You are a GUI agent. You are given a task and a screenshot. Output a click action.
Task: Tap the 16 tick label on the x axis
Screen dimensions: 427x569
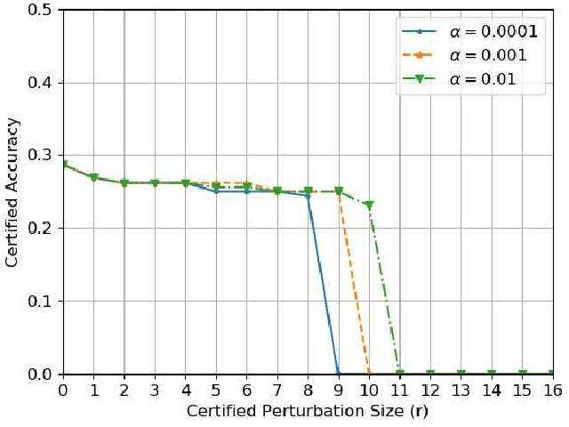[552, 391]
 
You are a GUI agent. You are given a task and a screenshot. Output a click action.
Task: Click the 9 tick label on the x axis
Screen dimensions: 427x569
[338, 391]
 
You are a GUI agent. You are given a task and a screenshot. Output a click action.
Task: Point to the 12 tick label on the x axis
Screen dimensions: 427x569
[429, 391]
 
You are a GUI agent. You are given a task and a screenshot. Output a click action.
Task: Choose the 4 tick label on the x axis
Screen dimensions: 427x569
[185, 391]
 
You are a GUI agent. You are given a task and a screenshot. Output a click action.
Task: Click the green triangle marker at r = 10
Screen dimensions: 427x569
[369, 206]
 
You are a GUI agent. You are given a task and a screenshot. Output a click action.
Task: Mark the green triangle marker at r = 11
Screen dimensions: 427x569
[399, 374]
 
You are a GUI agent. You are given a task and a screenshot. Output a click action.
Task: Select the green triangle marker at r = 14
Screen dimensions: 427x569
[491, 374]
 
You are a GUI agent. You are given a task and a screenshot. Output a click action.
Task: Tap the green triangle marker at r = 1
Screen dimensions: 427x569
[93, 179]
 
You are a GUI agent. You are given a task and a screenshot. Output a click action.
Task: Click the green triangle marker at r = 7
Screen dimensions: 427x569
[277, 191]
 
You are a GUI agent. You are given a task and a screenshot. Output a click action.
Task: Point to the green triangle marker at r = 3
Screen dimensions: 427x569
[155, 183]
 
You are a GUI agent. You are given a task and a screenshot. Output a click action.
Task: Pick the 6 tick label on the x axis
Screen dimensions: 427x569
[246, 391]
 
